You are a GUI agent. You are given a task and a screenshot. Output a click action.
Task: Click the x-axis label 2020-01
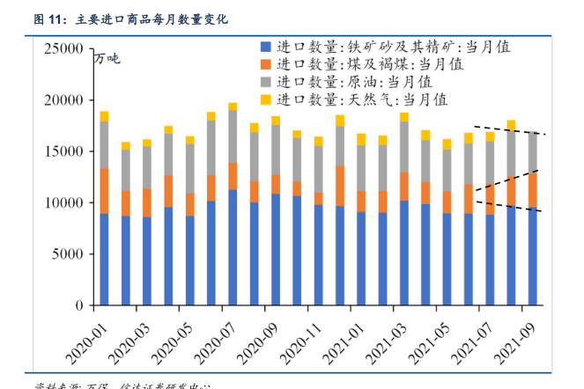point(85,338)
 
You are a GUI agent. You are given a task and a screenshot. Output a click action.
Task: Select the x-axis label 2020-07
point(214,338)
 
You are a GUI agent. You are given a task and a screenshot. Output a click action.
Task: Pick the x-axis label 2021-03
point(385,338)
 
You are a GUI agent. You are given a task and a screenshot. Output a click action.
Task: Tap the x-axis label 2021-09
point(514,338)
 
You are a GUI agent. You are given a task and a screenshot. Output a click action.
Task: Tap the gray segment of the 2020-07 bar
point(233,136)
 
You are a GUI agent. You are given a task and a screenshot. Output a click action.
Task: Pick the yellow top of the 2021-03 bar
point(403,117)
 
